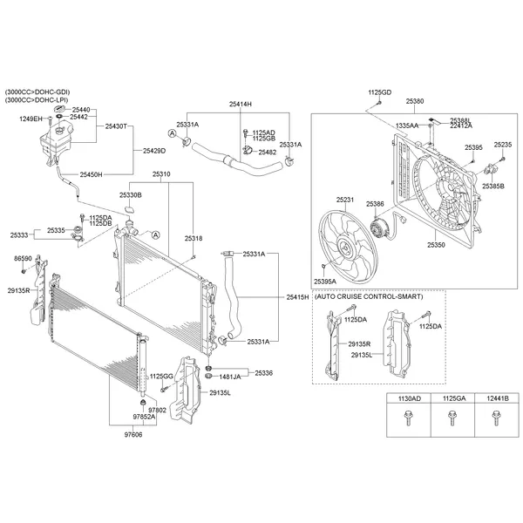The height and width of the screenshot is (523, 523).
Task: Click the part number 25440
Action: tap(79, 109)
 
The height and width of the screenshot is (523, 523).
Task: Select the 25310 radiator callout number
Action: tap(161, 174)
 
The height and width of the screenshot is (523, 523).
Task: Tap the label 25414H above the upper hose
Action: tap(241, 104)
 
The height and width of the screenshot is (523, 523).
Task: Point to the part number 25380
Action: tap(415, 101)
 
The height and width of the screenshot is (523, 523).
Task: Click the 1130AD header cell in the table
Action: tap(409, 398)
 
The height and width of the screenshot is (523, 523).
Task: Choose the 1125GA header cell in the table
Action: tap(452, 398)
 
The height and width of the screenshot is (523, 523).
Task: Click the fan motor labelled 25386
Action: tap(378, 228)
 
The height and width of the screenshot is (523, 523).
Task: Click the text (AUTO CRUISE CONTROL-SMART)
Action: tap(369, 297)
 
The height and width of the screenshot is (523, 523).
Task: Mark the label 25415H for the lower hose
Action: tap(297, 298)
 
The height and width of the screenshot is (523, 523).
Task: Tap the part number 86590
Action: tap(23, 259)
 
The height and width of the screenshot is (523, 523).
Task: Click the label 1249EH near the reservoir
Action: tap(31, 118)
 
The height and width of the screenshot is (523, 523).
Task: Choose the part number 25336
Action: tap(264, 372)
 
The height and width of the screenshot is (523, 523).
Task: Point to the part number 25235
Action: tap(503, 144)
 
